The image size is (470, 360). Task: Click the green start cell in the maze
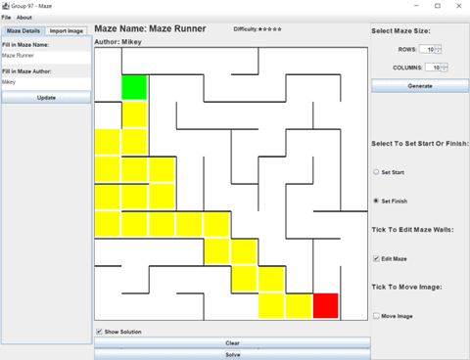[134, 87]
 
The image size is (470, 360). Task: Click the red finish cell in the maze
[325, 305]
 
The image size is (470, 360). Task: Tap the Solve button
[232, 354]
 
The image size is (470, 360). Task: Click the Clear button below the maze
[232, 343]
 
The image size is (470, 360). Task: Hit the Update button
[46, 98]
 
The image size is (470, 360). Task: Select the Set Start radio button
[377, 171]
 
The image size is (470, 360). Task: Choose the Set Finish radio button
[377, 201]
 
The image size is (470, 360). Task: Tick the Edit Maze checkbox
[377, 258]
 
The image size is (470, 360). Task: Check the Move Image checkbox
[377, 316]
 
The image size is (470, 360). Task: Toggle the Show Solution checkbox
[100, 332]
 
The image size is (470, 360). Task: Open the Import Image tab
[67, 31]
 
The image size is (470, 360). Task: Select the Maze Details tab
[23, 31]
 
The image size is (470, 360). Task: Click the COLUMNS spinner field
[432, 67]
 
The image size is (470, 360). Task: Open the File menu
[6, 18]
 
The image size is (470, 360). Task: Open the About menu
[23, 18]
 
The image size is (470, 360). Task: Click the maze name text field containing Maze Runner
[46, 56]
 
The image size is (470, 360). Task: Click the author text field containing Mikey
[46, 82]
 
